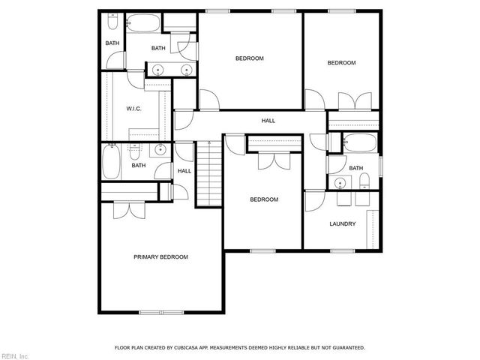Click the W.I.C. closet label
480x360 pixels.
pos(134,109)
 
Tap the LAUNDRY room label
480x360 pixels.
pos(342,224)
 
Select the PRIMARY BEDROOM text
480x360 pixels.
pos(160,257)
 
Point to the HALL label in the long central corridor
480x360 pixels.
pos(268,121)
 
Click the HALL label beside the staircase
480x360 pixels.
pos(184,171)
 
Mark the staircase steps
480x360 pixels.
pos(209,174)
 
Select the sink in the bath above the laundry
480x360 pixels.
pos(340,181)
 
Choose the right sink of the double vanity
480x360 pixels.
pos(187,71)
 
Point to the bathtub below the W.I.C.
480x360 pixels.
pos(112,163)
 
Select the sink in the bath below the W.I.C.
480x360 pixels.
pos(160,151)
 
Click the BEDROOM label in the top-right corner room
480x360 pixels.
pos(341,63)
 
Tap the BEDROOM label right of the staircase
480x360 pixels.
pos(264,199)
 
